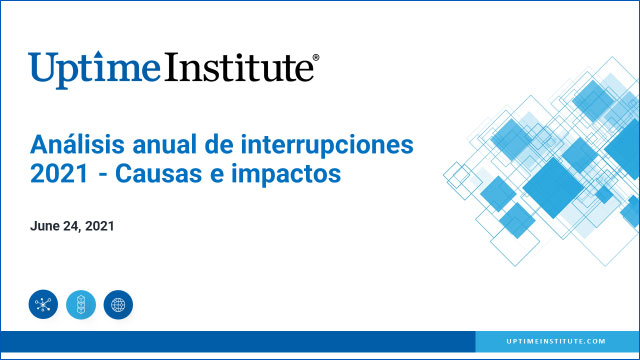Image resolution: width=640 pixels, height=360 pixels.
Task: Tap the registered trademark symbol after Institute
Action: [317, 59]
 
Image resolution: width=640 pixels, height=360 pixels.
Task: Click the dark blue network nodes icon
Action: [44, 304]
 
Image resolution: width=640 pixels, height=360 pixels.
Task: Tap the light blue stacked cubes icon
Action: [81, 304]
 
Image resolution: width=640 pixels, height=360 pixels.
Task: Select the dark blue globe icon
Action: [118, 304]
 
